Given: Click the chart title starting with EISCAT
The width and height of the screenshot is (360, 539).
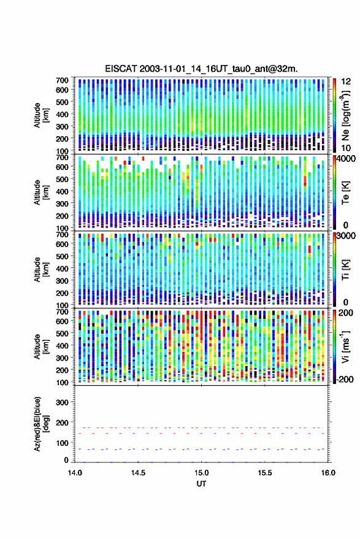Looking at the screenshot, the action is (202, 69).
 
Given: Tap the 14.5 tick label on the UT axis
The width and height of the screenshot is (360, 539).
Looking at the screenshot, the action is (138, 473).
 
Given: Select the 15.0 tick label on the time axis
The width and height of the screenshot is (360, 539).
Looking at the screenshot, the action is (202, 473).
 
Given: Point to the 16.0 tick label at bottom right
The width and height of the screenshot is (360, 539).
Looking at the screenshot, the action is (328, 473).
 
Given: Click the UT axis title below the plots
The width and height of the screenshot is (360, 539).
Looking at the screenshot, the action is (202, 484).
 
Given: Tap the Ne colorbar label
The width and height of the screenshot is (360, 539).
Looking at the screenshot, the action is (345, 115).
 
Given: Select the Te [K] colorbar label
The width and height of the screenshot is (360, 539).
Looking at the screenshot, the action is (345, 193).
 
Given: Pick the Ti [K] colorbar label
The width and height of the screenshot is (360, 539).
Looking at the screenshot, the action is (345, 270).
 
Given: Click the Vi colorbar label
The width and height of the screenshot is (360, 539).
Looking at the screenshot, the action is (345, 346).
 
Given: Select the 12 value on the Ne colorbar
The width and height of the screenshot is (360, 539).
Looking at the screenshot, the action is (346, 82).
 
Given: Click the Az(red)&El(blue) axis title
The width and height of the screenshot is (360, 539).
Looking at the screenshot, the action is (41, 424).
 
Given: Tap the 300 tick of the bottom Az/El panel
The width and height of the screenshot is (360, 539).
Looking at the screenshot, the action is (62, 402).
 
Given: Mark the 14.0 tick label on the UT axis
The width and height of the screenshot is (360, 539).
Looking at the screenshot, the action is (75, 473).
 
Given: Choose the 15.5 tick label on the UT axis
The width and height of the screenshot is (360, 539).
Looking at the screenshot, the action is (265, 473).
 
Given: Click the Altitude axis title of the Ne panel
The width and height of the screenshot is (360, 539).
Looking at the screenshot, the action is (41, 115).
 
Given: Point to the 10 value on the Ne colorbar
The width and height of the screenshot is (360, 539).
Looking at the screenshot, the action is (346, 148).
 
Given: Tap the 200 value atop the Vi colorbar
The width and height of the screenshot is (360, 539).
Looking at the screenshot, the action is (345, 313).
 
